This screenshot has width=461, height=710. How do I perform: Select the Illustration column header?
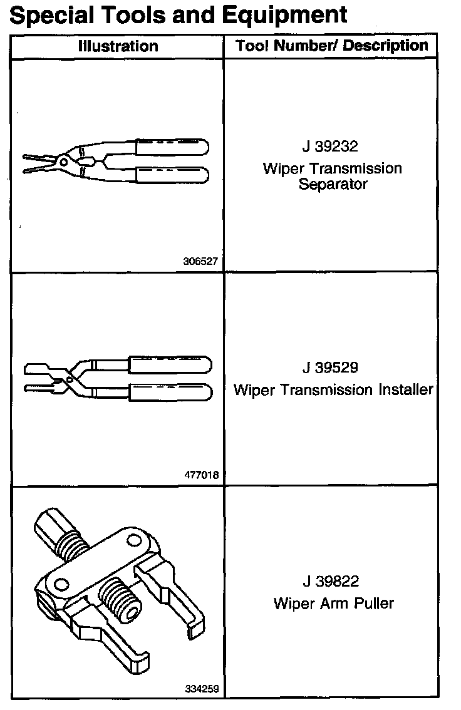(118, 46)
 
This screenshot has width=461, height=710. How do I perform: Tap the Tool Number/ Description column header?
(332, 45)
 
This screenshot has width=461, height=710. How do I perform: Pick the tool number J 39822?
(331, 582)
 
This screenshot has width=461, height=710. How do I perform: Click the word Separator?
(333, 185)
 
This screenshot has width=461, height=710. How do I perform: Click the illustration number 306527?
(202, 261)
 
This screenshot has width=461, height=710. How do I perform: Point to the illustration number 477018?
(202, 475)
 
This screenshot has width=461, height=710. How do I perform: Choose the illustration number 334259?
(202, 689)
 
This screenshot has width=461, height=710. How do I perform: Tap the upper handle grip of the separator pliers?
(172, 147)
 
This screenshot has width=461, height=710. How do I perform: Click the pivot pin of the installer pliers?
(70, 379)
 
